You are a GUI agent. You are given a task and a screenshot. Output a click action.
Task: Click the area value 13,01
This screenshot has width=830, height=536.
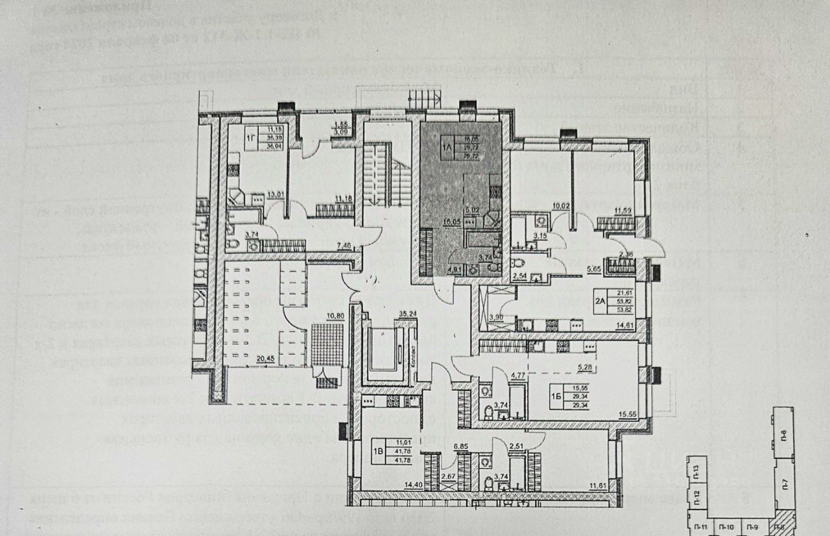[x=276, y=193]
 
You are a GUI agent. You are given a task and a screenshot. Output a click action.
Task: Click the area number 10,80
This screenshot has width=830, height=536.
[x=335, y=316]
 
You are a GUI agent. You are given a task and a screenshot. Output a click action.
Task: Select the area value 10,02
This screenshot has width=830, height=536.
[x=561, y=207]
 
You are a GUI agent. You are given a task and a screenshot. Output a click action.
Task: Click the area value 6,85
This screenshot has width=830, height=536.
[x=461, y=447]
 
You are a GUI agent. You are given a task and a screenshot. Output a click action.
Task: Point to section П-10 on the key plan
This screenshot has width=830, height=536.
[x=727, y=528]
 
